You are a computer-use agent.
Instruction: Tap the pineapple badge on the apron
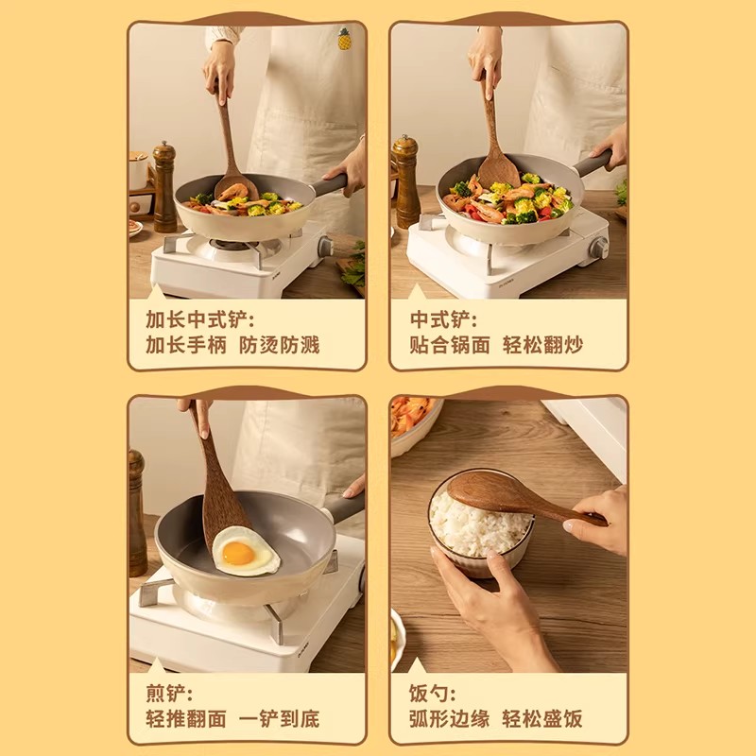coord(345,40)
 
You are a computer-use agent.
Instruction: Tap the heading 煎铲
coord(170,692)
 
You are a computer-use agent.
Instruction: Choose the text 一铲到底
coord(281,718)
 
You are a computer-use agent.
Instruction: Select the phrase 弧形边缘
coord(449,718)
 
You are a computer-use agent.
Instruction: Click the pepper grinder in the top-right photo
coord(405,180)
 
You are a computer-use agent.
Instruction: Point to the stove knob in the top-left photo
coord(325,247)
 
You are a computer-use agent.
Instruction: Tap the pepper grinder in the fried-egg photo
coord(137,510)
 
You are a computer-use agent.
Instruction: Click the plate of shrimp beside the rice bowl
coord(412,420)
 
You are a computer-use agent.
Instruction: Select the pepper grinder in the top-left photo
coord(164,186)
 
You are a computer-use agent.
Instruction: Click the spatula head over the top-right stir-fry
coord(498,170)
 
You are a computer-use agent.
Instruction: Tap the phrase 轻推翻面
coord(186,718)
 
